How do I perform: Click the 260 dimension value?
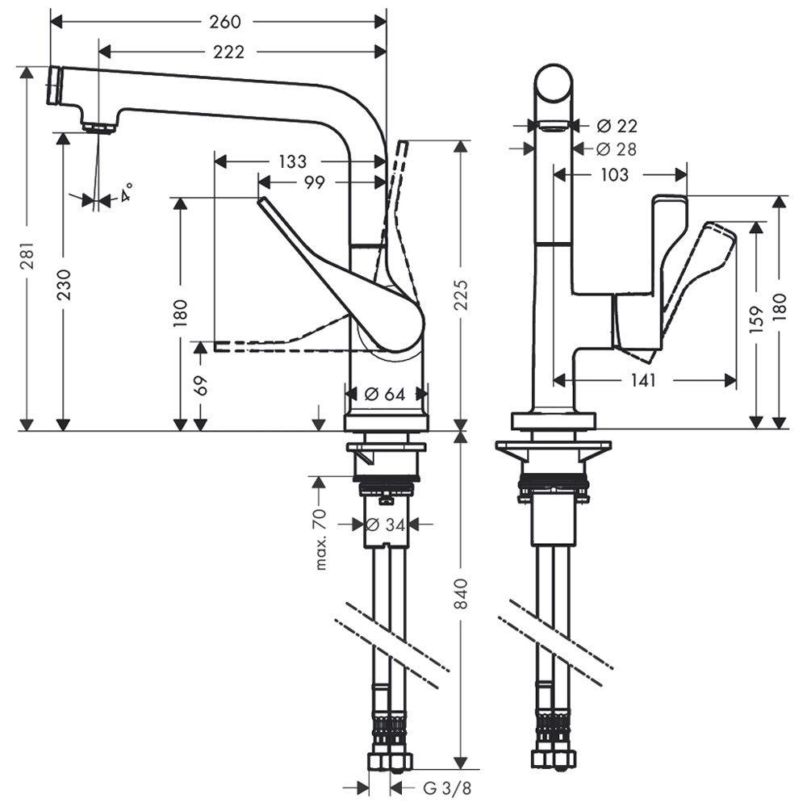(x=225, y=22)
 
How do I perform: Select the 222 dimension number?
(x=229, y=52)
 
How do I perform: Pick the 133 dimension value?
(x=292, y=162)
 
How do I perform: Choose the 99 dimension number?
(x=315, y=183)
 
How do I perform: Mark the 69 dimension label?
(x=202, y=385)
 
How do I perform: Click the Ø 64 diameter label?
(x=384, y=395)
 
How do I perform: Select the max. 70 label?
(x=321, y=539)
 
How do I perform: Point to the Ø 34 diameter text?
(x=384, y=525)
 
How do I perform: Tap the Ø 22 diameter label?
(x=617, y=126)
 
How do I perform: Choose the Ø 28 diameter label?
(x=617, y=149)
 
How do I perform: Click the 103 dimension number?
(x=615, y=174)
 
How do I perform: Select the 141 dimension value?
(x=643, y=379)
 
